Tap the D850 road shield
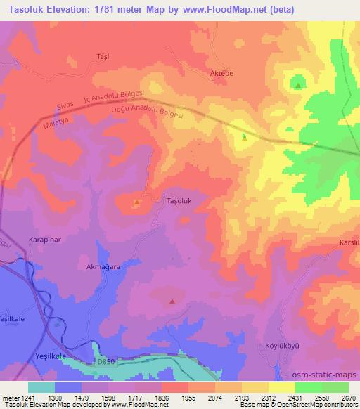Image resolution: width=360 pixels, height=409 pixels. [105, 361]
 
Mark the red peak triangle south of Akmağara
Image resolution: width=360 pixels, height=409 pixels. [172, 301]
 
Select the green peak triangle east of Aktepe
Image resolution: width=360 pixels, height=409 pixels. [299, 86]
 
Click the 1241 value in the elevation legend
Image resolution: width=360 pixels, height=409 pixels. [22, 397]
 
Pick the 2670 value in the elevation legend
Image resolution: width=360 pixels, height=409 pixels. [348, 397]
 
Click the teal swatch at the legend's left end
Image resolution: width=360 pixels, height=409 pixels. [41, 387]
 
